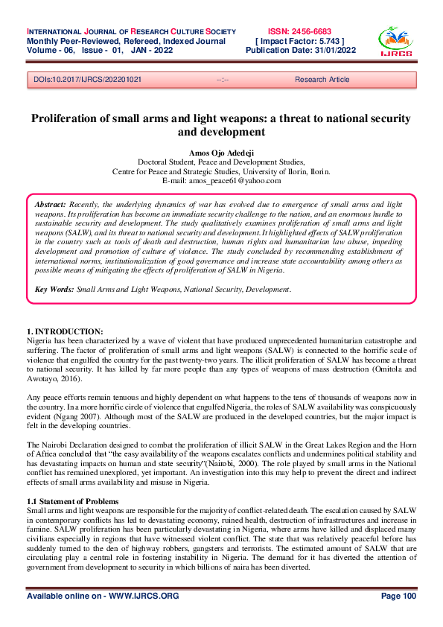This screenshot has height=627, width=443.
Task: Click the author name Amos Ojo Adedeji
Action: (x=221, y=152)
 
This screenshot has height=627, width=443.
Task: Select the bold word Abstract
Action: (x=51, y=203)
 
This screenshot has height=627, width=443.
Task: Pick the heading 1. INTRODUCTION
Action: (x=65, y=331)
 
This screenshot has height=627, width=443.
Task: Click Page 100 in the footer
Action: (x=398, y=596)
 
